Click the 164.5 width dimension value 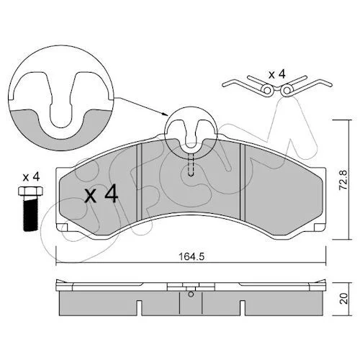point(192,256)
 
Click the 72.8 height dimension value point(343,179)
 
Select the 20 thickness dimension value point(343,298)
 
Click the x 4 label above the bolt point(31,177)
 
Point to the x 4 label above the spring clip point(276,74)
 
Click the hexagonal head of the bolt point(31,191)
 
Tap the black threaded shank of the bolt point(31,213)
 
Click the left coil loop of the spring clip point(268,90)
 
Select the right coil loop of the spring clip point(287,90)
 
